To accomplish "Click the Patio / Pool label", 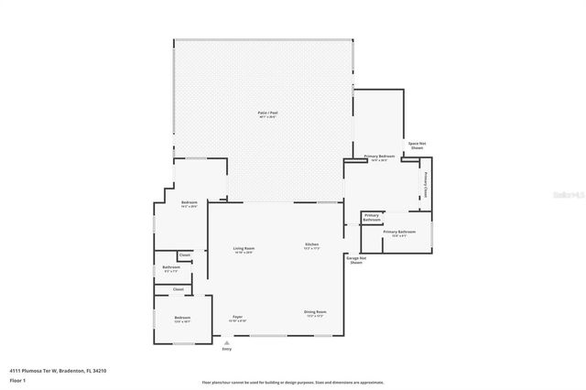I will coord(267,114).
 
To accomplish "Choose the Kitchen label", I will coord(311,244).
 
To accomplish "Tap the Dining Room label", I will coord(315,312).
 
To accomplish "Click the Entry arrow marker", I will coord(226,342).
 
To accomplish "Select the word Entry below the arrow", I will coord(226,349).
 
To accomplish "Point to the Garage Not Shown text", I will coord(355,260).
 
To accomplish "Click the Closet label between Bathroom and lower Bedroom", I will coord(178,289).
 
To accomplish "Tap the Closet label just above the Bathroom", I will coord(184,255).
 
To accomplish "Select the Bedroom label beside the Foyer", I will coord(183,318).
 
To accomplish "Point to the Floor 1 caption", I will coord(16,380).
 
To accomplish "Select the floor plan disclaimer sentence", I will coord(293,382).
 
